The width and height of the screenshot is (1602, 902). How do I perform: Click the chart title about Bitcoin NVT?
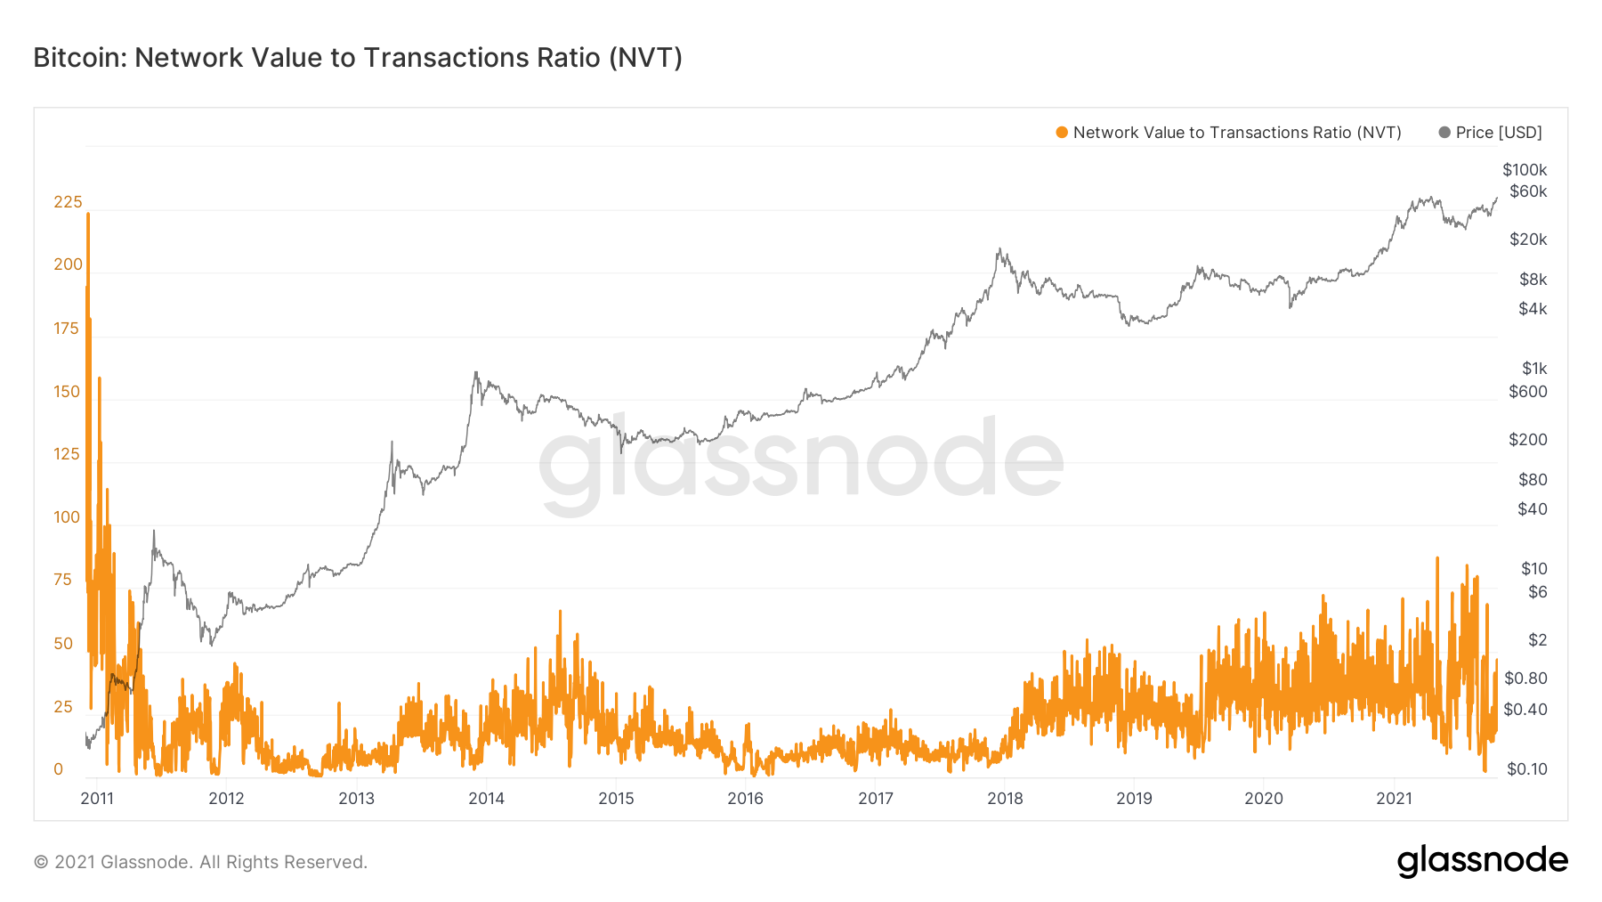pyautogui.click(x=358, y=58)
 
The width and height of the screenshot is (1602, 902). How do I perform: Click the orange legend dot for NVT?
pyautogui.click(x=1062, y=133)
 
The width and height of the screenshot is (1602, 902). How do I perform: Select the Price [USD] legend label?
pyautogui.click(x=1499, y=133)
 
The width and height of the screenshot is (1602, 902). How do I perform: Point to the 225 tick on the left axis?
pyautogui.click(x=68, y=202)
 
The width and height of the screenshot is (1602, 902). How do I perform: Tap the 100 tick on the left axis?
pyautogui.click(x=67, y=517)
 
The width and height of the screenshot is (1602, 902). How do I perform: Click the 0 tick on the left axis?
pyautogui.click(x=59, y=769)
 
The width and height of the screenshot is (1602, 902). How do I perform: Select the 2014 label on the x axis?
pyautogui.click(x=486, y=799)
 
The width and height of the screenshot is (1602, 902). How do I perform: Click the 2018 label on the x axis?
pyautogui.click(x=1005, y=799)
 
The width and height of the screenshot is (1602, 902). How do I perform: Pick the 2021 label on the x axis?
pyautogui.click(x=1394, y=799)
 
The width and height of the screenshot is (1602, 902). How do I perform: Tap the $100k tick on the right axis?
pyautogui.click(x=1525, y=170)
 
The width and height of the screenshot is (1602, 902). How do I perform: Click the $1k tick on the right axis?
pyautogui.click(x=1534, y=369)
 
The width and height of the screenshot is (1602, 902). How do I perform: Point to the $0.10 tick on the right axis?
pyautogui.click(x=1527, y=769)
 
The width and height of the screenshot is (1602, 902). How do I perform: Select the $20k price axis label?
pyautogui.click(x=1528, y=240)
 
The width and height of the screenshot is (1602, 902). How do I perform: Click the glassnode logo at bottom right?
pyautogui.click(x=1482, y=861)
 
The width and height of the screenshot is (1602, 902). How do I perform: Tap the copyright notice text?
pyautogui.click(x=200, y=862)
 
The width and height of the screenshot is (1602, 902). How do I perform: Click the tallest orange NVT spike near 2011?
pyautogui.click(x=88, y=215)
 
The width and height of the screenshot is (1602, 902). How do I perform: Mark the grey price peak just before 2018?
pyautogui.click(x=999, y=249)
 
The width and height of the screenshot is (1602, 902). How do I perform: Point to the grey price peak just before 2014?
pyautogui.click(x=476, y=373)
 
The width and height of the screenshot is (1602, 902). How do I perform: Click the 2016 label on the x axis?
pyautogui.click(x=745, y=799)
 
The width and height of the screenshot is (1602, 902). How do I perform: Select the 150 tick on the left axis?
pyautogui.click(x=67, y=392)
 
